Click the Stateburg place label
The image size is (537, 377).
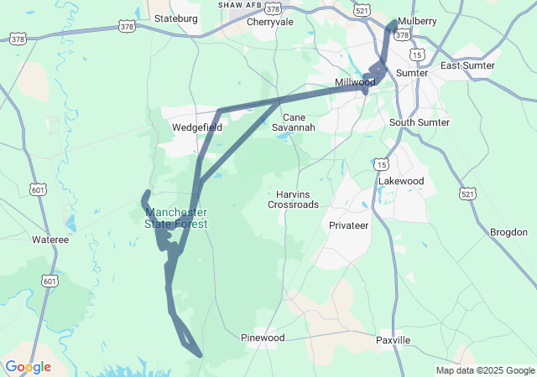[177, 18]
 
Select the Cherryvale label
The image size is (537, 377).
[270, 23]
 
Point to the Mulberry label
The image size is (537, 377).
[418, 21]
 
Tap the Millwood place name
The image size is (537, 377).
[355, 83]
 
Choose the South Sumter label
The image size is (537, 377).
[420, 122]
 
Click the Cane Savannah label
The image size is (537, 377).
[299, 122]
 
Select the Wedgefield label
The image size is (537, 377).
[197, 128]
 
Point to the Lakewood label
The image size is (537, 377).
[401, 181]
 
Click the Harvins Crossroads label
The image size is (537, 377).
[293, 199]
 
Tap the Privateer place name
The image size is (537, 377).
[349, 226]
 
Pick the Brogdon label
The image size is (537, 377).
[508, 231]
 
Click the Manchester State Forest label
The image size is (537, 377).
[176, 218]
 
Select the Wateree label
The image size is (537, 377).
[50, 240]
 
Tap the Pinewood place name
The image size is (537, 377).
[263, 338]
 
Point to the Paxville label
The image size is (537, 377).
[394, 340]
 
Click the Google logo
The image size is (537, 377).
[28, 367]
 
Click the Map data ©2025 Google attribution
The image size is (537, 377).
[485, 371]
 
